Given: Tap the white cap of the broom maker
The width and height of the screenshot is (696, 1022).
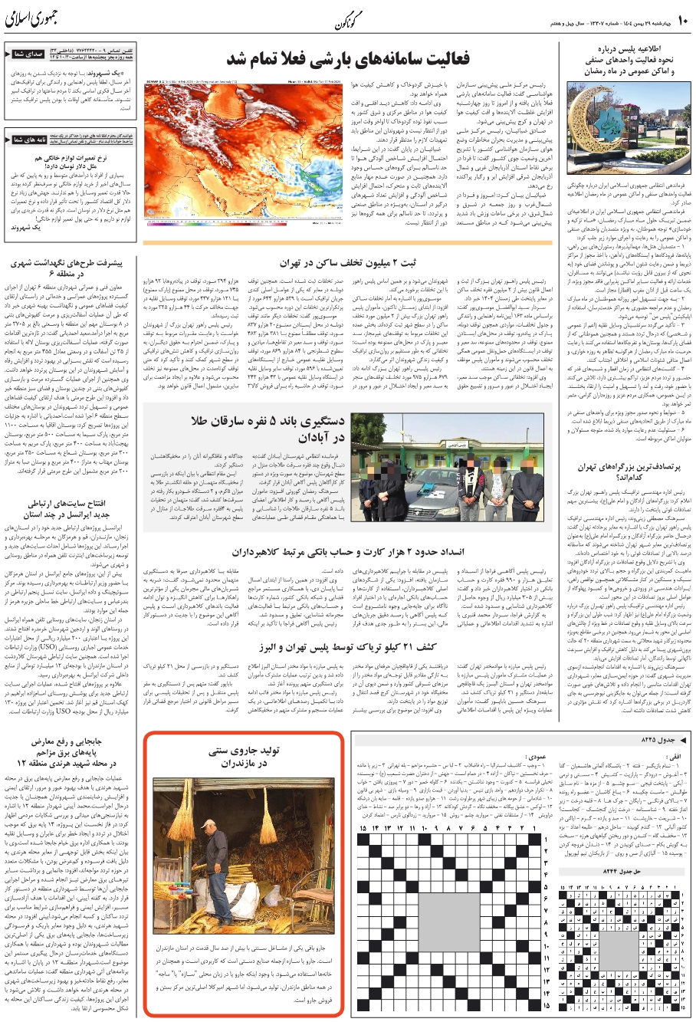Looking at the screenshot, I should coord(210,824).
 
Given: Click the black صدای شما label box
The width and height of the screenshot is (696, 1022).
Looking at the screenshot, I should coord(28,54).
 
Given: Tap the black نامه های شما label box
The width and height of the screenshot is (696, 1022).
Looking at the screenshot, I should coord(28,140).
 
